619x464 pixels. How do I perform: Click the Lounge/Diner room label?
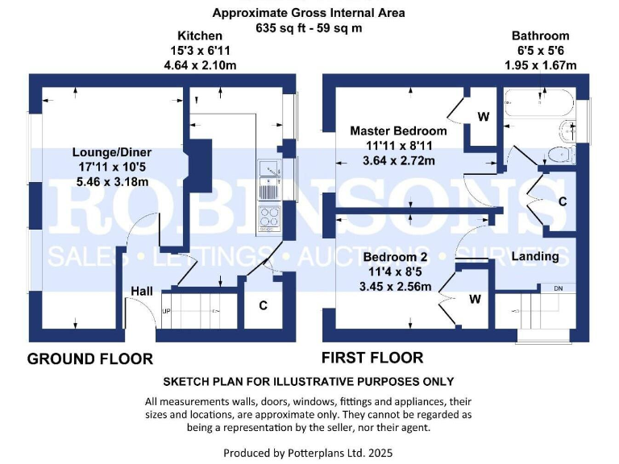(112, 152)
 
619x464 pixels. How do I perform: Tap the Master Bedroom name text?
(397, 130)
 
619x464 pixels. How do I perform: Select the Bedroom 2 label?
(396, 257)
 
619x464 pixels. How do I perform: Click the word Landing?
(535, 256)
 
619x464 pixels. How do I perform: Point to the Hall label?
(142, 292)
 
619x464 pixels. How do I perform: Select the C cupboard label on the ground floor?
(264, 305)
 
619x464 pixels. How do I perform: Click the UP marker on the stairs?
(168, 310)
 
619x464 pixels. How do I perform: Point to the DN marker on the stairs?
(558, 288)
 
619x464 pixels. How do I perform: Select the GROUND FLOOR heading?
(90, 358)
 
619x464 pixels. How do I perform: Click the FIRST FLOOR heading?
(372, 358)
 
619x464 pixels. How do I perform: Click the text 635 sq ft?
(277, 27)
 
